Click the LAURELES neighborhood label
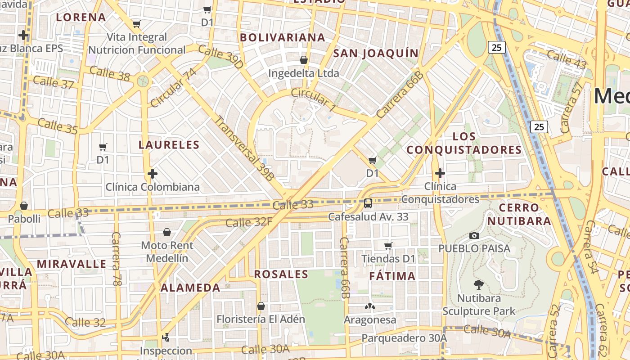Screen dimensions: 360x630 [169, 145]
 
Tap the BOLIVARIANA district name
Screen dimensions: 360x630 [283, 37]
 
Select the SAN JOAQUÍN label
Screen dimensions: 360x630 [376, 54]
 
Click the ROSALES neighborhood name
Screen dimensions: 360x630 [281, 274]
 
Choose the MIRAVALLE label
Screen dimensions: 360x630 [72, 264]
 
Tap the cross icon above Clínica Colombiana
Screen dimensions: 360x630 [153, 173]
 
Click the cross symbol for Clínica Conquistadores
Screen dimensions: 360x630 [440, 173]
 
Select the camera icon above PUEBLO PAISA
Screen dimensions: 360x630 [474, 235]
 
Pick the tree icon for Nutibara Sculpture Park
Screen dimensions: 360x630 [479, 284]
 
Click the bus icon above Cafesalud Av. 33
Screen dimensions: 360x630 [368, 203]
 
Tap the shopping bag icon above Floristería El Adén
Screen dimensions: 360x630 [261, 306]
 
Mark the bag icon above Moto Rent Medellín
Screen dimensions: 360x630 [167, 232]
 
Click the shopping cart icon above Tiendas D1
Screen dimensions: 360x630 [388, 246]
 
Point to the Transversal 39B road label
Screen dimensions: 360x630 [243, 148]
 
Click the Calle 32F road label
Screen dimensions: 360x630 [249, 222]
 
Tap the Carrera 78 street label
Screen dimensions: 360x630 [117, 259]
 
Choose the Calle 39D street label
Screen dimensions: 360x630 [220, 57]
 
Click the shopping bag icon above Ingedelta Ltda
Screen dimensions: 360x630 [304, 60]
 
